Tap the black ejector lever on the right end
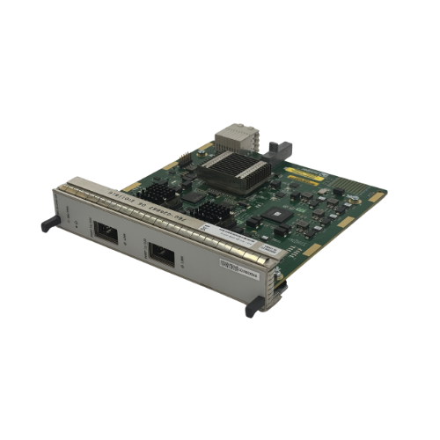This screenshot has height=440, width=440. tap(255, 304)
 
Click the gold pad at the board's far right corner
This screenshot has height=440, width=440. tap(376, 198)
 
